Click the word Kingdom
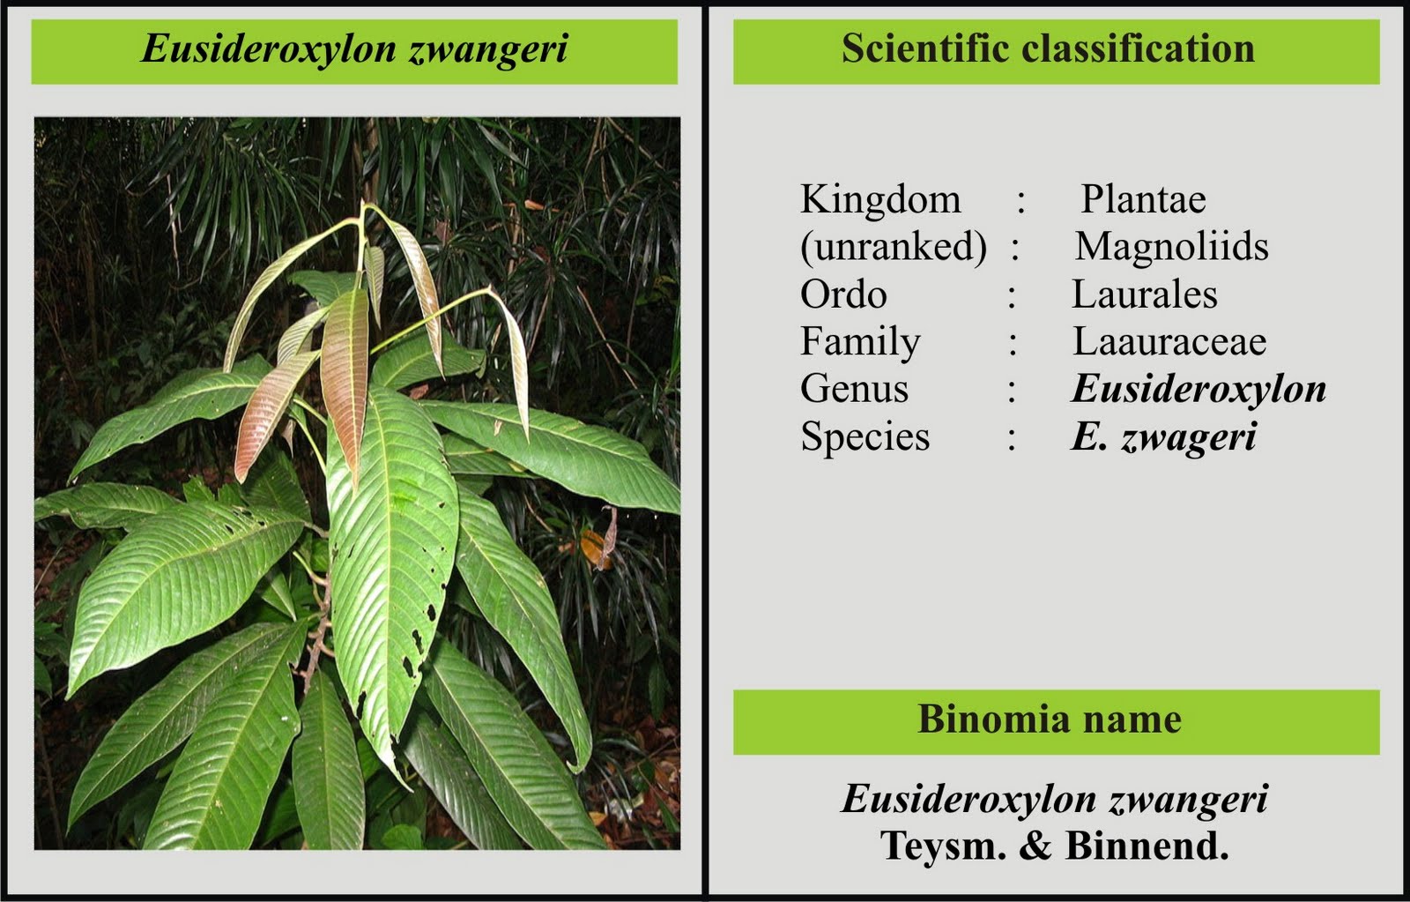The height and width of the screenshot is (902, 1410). (879, 199)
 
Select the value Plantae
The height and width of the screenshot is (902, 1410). (1143, 199)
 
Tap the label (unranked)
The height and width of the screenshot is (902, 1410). (893, 247)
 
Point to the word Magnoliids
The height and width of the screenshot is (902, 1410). (1171, 247)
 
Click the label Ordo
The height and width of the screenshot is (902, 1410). (843, 294)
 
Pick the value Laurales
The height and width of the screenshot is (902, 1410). (1144, 294)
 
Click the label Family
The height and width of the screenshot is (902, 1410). (860, 342)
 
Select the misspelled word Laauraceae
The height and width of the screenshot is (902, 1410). (1169, 342)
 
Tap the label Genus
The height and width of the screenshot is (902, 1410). (854, 389)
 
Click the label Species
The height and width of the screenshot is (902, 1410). (865, 436)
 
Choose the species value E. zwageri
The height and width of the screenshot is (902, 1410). (1163, 436)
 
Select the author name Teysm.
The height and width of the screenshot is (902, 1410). (943, 846)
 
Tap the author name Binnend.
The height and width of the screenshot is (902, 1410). (1147, 846)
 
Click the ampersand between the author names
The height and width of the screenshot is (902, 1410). (1035, 846)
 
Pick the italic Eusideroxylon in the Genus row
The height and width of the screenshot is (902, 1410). (1198, 389)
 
